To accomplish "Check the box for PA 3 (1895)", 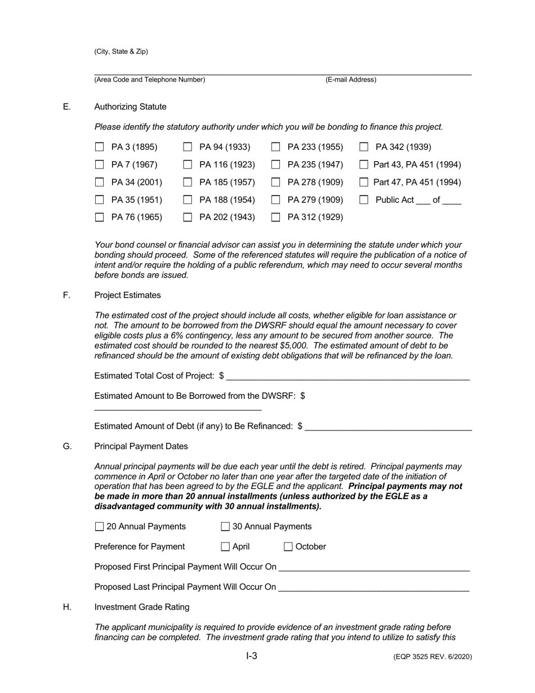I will pos(100,147).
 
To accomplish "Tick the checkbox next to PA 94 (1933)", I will pos(188,147).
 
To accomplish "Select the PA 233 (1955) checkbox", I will pos(276,147).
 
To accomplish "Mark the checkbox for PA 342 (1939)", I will pos(364,147).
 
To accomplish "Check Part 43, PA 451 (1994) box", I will pos(364,165).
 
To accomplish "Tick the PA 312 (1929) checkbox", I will pos(276,217).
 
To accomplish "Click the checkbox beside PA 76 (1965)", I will pos(100,217).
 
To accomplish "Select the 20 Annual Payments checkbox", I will pos(100,527).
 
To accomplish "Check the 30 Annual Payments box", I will pos(225,527).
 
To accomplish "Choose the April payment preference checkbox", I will pos(225,547).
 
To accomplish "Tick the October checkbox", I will pos(288,547).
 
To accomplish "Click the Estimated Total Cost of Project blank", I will pos(347,376).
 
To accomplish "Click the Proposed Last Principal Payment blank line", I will pos(373,587).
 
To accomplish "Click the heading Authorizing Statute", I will pos(130,107).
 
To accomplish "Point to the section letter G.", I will pos(67,446).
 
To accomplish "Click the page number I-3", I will pos(252,656).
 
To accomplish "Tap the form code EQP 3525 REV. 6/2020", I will pos(432,657).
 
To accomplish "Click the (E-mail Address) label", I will pos(351,80).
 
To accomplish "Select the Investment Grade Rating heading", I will pos(141,607).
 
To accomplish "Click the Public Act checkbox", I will pos(364,199).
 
